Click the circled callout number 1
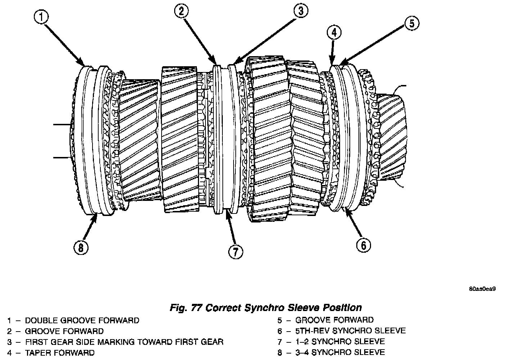tap(42, 17)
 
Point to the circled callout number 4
tap(334, 32)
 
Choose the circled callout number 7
tap(235, 251)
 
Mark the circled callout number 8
tap(81, 247)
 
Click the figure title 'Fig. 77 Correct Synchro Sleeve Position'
tap(266, 308)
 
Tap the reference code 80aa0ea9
tap(483, 289)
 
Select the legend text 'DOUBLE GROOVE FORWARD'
tap(82, 320)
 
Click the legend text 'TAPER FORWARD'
tap(60, 352)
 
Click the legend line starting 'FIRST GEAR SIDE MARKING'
tap(124, 342)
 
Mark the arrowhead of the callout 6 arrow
tap(346, 209)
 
